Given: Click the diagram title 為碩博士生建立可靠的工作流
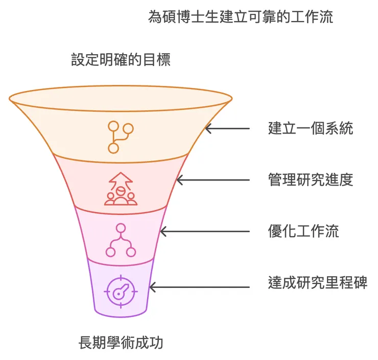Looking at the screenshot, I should tap(241, 17).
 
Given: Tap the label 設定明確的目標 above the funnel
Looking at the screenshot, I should tap(121, 60).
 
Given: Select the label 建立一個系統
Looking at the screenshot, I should tap(311, 128).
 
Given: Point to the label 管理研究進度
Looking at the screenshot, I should tap(311, 179).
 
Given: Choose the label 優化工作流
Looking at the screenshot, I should tap(303, 231).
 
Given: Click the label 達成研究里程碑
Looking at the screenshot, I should tap(318, 282).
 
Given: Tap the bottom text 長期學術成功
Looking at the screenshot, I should tap(121, 342).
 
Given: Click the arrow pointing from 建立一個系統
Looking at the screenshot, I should tap(227, 128).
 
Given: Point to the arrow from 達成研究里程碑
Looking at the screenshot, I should tap(200, 287).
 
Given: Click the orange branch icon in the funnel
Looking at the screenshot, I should tap(121, 137).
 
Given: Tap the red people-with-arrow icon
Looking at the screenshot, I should tap(121, 189).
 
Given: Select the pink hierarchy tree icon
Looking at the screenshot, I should tap(121, 240).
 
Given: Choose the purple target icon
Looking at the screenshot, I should tap(121, 291).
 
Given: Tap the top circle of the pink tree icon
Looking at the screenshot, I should tap(121, 229).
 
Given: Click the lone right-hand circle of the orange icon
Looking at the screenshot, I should tap(128, 128).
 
